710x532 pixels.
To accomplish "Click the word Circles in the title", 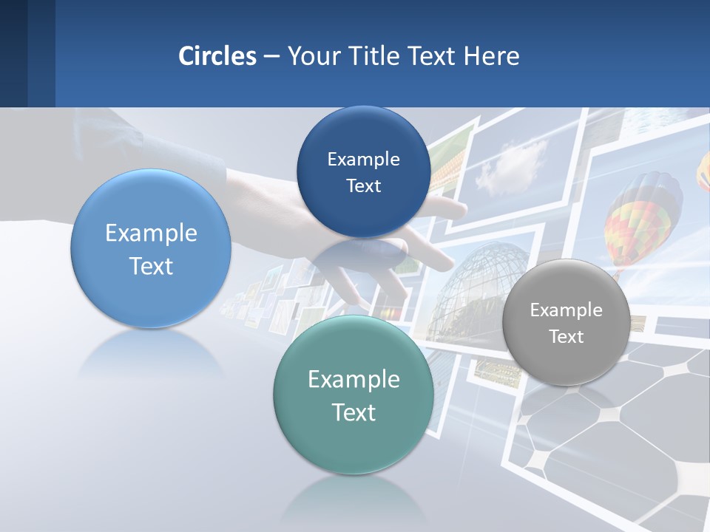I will coord(217,56).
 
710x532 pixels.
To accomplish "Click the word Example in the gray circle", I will coord(567,310).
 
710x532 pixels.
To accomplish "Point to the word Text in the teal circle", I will coord(354,412).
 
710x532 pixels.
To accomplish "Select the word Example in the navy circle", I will coord(363,160).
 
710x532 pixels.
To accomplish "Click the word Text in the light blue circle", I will coord(151,266).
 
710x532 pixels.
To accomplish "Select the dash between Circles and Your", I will coord(271,56).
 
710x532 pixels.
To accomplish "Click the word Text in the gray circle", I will coord(567,337).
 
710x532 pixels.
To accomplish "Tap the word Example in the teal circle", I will coord(354,380).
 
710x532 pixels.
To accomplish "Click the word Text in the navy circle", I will coord(363,186).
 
